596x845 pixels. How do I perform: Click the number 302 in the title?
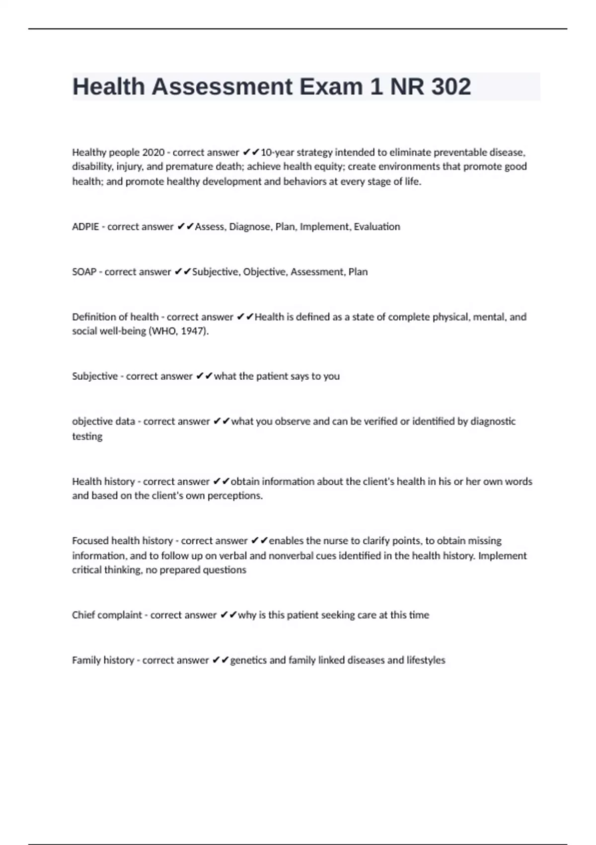(x=451, y=87)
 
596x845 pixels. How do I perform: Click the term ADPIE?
(x=85, y=227)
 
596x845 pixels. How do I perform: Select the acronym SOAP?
(x=84, y=272)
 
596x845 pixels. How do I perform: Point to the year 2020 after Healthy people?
(x=153, y=152)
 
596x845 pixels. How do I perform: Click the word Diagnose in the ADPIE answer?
(x=250, y=227)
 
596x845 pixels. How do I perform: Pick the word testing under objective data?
(x=87, y=436)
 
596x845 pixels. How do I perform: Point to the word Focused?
(x=90, y=541)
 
